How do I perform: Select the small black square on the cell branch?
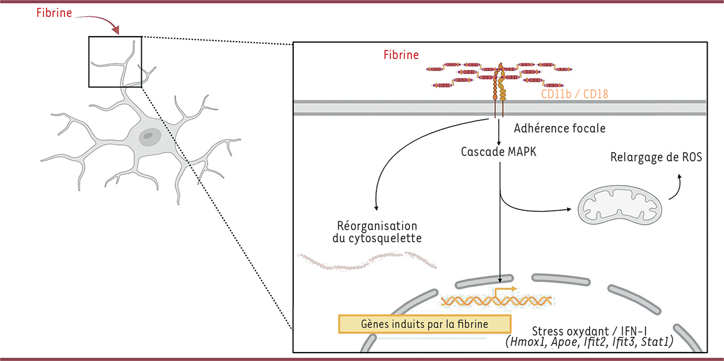pyautogui.click(x=115, y=61)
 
